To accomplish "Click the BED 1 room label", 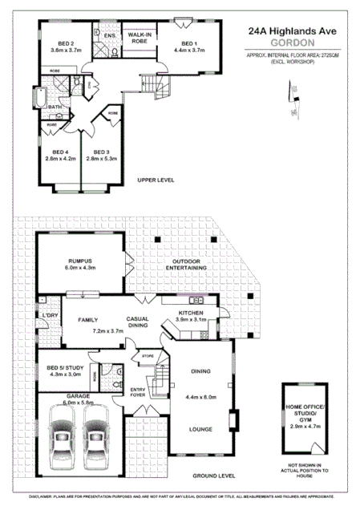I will (189, 43).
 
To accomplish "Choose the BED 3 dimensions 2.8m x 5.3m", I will (102, 158).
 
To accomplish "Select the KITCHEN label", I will (191, 313).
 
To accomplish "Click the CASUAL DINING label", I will (138, 322).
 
